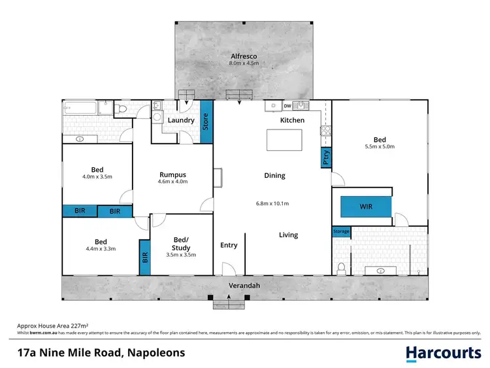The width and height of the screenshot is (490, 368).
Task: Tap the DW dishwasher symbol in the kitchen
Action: [287, 106]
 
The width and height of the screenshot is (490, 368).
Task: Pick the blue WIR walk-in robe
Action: [365, 207]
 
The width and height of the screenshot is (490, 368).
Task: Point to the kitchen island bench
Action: [284, 141]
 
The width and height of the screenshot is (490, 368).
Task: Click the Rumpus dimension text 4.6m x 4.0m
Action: [173, 182]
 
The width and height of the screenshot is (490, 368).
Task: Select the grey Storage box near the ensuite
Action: [341, 231]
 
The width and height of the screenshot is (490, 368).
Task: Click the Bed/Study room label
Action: [182, 243]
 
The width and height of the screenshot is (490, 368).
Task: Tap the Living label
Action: [288, 235]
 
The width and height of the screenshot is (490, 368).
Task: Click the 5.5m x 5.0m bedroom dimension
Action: [380, 146]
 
